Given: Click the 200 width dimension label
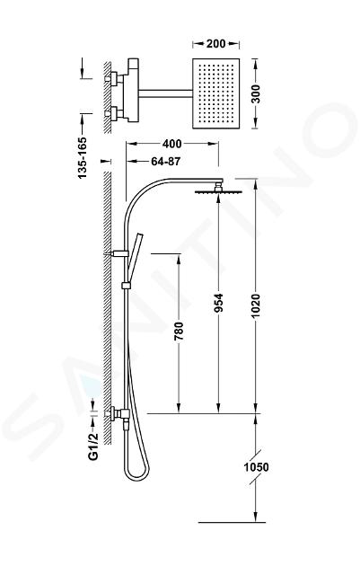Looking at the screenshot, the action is [x=216, y=44].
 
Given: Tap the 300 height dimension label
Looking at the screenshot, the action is [x=255, y=93].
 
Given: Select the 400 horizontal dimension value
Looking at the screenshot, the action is [x=172, y=144].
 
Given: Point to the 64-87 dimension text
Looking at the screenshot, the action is [x=165, y=162].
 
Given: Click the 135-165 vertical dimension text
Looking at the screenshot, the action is [x=83, y=157].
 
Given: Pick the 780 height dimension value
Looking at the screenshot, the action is [x=179, y=331].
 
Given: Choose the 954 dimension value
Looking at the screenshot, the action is [x=218, y=303].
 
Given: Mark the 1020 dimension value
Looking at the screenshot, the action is [x=255, y=306].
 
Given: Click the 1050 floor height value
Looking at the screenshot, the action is [x=257, y=467].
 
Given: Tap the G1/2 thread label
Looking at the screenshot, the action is [x=93, y=447].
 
